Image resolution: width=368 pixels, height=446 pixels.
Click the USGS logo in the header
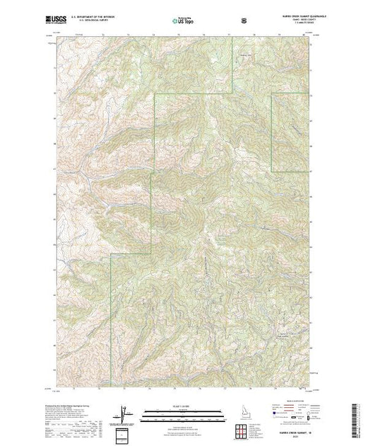66,22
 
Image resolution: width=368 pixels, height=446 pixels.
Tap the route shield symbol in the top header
244,21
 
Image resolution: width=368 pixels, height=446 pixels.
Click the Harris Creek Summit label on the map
285,333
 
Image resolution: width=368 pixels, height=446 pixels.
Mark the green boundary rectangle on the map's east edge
290,132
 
